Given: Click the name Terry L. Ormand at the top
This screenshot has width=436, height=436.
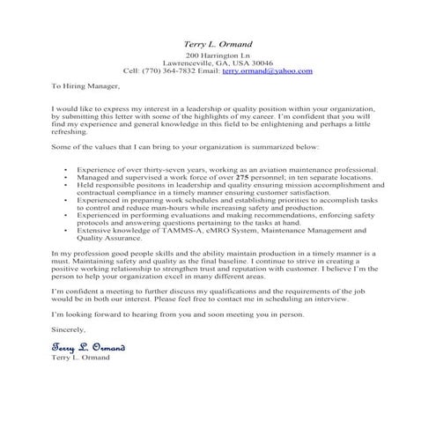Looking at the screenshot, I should pos(218,42).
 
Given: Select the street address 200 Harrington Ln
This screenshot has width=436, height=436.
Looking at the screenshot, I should pos(218,55).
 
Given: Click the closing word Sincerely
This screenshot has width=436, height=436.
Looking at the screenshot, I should pos(69,329).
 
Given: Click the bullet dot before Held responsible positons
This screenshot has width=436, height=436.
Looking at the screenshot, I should pos(67,184).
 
